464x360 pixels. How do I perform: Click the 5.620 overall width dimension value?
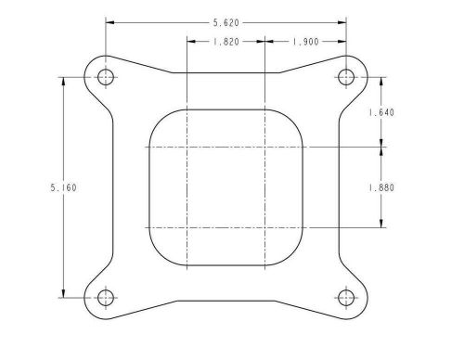coord(226,19)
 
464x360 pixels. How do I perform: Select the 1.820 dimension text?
coord(226,42)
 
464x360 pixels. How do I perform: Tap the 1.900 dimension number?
coord(306,42)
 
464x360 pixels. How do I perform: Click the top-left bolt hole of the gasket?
coord(105,76)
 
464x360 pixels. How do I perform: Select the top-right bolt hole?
coord(347,76)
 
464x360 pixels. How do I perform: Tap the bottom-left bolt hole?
coord(105,298)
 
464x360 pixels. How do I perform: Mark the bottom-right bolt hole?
coord(347,298)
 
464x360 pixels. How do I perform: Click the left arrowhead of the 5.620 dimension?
coord(110,19)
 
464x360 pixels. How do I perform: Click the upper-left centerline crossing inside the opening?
coord(187,147)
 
